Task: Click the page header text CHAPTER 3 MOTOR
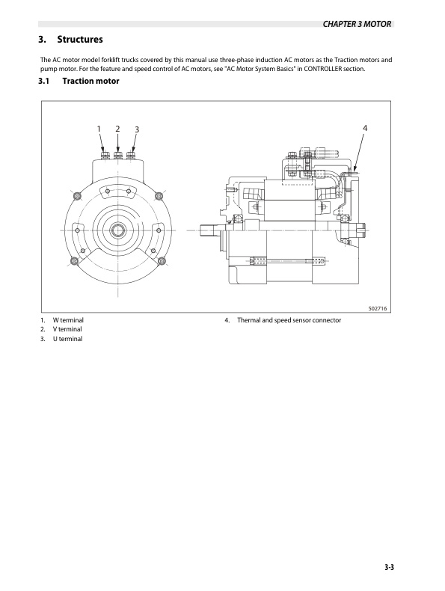(x=357, y=24)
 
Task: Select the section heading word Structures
(x=80, y=39)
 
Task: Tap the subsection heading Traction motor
(x=90, y=81)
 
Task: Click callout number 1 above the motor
(x=99, y=129)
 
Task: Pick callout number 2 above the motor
(x=117, y=129)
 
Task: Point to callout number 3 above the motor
(x=137, y=129)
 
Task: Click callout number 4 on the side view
(x=365, y=128)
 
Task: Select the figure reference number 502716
(x=378, y=308)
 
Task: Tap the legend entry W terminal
(x=68, y=320)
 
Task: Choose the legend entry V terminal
(x=67, y=329)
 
